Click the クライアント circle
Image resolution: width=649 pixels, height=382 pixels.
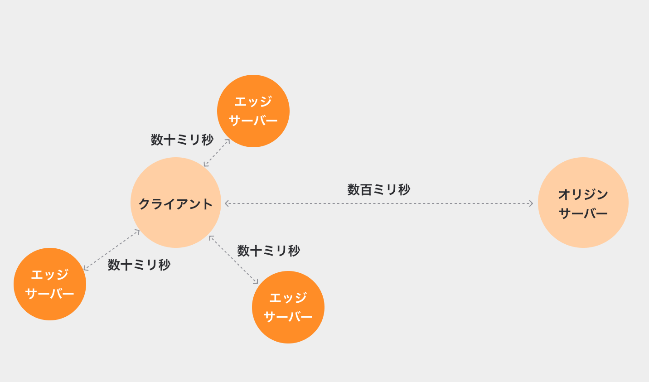pyautogui.click(x=176, y=203)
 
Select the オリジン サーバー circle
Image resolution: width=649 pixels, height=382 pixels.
pyautogui.click(x=583, y=203)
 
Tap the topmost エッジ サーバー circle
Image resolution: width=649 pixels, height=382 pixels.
pyautogui.click(x=253, y=111)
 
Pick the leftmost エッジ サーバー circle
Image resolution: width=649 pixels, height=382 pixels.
pyautogui.click(x=50, y=284)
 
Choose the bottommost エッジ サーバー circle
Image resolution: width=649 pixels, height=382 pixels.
pyautogui.click(x=288, y=307)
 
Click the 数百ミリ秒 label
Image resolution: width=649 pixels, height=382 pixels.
pyautogui.click(x=379, y=189)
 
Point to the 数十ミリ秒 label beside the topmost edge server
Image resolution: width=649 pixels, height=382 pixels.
pyautogui.click(x=182, y=140)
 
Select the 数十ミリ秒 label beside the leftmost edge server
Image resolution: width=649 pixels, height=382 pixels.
pyautogui.click(x=139, y=265)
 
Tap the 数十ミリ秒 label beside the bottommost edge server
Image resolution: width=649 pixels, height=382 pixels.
pyautogui.click(x=269, y=251)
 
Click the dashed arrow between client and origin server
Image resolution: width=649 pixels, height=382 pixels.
pyautogui.click(x=379, y=203)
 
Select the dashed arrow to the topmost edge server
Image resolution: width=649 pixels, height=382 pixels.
pyautogui.click(x=217, y=153)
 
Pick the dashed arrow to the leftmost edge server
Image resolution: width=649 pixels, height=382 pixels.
pyautogui.click(x=111, y=250)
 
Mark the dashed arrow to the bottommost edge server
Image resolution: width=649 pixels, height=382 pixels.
pyautogui.click(x=233, y=260)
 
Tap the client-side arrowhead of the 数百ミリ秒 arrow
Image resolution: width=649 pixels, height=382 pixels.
pyautogui.click(x=227, y=203)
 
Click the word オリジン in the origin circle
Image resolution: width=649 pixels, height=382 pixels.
pyautogui.click(x=583, y=194)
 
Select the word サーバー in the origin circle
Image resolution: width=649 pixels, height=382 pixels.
pyautogui.click(x=583, y=213)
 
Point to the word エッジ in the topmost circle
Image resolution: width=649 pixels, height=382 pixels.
pyautogui.click(x=253, y=102)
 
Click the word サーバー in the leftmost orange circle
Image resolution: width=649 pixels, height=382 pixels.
pyautogui.click(x=50, y=294)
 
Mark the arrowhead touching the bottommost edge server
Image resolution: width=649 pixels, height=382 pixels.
pyautogui.click(x=256, y=282)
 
